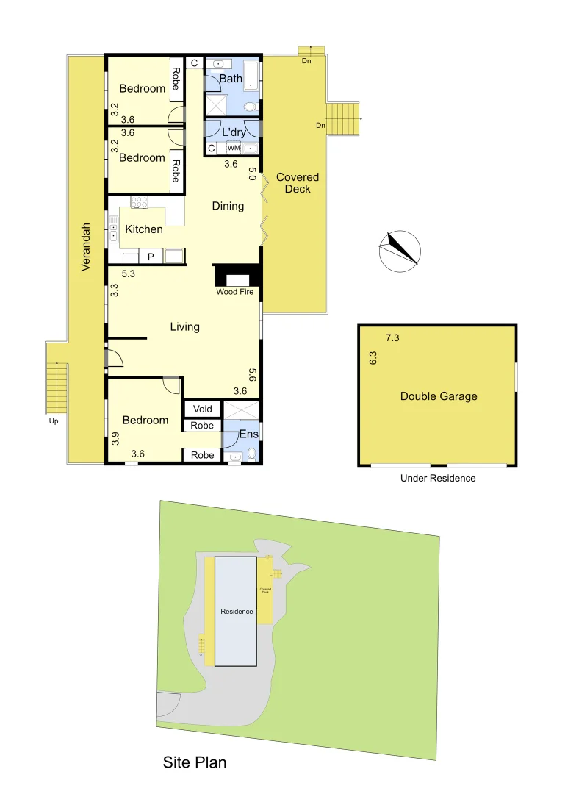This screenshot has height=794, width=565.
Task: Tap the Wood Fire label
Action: point(235,292)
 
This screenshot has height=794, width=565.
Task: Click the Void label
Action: point(202,409)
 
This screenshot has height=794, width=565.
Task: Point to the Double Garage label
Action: point(439,396)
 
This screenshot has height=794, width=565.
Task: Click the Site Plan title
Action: point(194,762)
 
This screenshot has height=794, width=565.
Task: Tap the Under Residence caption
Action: point(438,478)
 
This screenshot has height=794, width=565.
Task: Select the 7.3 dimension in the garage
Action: point(393,338)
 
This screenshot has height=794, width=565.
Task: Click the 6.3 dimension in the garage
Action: point(373,359)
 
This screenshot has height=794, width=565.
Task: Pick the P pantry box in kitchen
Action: point(151,257)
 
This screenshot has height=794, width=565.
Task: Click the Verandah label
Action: point(86,247)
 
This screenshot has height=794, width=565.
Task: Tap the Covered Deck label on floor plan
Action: point(298,183)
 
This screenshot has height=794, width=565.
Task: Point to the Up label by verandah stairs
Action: point(54,421)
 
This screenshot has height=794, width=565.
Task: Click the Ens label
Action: point(249,434)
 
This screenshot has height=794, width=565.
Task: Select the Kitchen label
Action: point(144,229)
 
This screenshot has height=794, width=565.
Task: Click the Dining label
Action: point(228,206)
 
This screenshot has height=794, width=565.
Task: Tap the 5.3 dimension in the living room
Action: point(128,273)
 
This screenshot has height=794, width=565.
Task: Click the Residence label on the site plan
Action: point(237,612)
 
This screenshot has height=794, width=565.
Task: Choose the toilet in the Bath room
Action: point(250,107)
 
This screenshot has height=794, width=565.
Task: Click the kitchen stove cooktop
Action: point(140,202)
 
